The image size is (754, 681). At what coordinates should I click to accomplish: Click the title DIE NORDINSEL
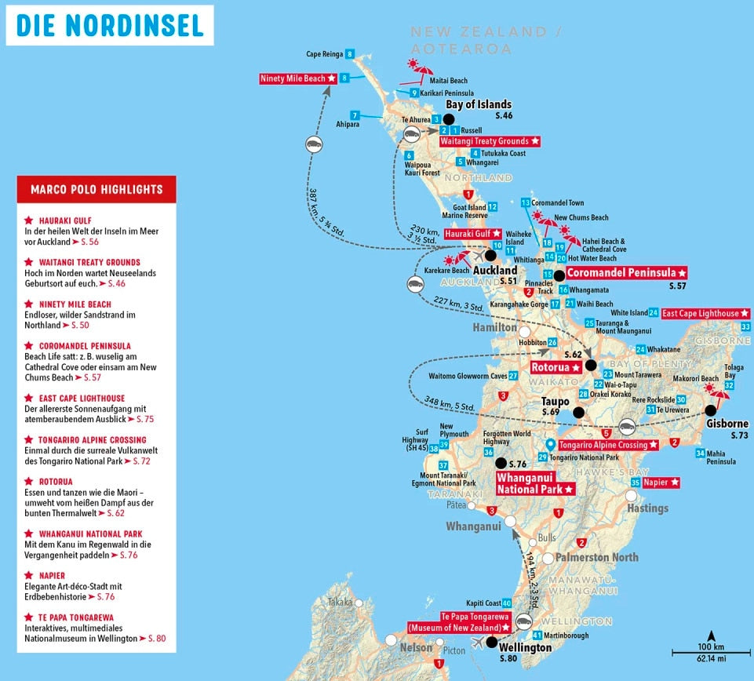click(110, 25)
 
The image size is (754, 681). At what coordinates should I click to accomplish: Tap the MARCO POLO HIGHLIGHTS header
click(97, 189)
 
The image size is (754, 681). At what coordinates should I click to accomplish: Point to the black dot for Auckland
click(492, 255)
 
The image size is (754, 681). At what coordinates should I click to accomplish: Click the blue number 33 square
click(745, 326)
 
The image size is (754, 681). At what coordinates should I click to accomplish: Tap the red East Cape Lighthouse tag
click(701, 314)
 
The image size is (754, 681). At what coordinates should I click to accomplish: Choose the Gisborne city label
click(727, 424)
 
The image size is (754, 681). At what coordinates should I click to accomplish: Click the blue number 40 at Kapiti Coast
click(507, 603)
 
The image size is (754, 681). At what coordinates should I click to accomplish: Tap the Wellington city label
click(526, 648)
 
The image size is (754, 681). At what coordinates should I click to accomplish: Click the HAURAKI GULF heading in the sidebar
click(56, 220)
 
